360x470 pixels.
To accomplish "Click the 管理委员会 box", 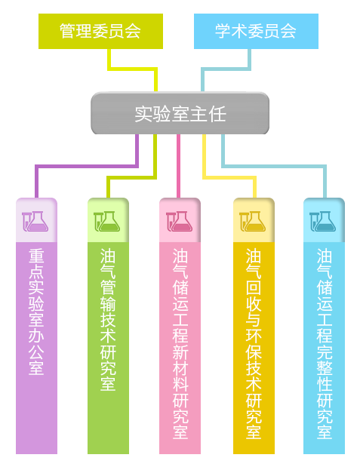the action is click(100, 31).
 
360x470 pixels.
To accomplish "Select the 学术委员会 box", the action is click(256, 31).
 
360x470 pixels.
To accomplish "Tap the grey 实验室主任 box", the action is click(180, 113).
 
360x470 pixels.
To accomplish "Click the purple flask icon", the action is click(35, 221).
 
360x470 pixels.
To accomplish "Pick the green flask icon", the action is click(106, 221).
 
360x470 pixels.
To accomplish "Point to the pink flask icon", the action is click(180, 221).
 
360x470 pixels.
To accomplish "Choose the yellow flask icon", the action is click(252, 221).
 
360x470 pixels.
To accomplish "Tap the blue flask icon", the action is click(322, 221).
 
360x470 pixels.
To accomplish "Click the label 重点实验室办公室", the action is click(36, 312).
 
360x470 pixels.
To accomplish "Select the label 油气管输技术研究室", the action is click(108, 320).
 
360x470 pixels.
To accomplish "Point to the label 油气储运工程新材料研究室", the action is click(180, 343).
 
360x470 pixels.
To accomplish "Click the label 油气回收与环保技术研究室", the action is click(254, 343).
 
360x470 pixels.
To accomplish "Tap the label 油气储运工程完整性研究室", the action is click(325, 343).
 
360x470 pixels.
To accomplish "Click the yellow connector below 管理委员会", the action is click(133, 69).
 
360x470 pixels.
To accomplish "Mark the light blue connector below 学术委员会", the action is click(226, 69).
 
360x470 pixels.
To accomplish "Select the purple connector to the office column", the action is click(87, 166).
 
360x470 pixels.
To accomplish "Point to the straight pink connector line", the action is click(179, 166).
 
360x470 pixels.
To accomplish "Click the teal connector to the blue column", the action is click(274, 166).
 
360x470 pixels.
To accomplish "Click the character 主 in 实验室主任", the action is click(198, 114).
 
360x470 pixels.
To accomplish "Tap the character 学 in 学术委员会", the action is click(223, 31).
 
